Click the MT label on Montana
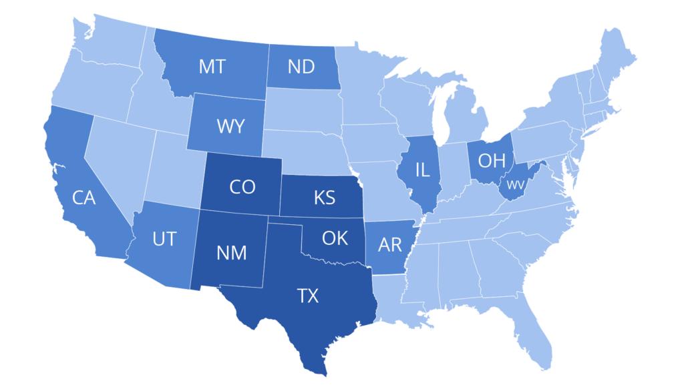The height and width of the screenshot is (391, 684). tap(212, 67)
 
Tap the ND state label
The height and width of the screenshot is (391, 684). tap(302, 67)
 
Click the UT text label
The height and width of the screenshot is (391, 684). tap(164, 239)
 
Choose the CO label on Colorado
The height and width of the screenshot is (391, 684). tap(242, 187)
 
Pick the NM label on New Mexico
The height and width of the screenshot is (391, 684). tap(232, 253)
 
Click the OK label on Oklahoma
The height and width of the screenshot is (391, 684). tap(335, 238)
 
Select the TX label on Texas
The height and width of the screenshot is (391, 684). tap(307, 296)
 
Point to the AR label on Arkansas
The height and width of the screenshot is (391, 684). tap(390, 244)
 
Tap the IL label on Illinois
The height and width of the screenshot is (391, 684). tap(422, 169)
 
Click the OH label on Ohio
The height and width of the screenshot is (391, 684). tap(491, 160)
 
